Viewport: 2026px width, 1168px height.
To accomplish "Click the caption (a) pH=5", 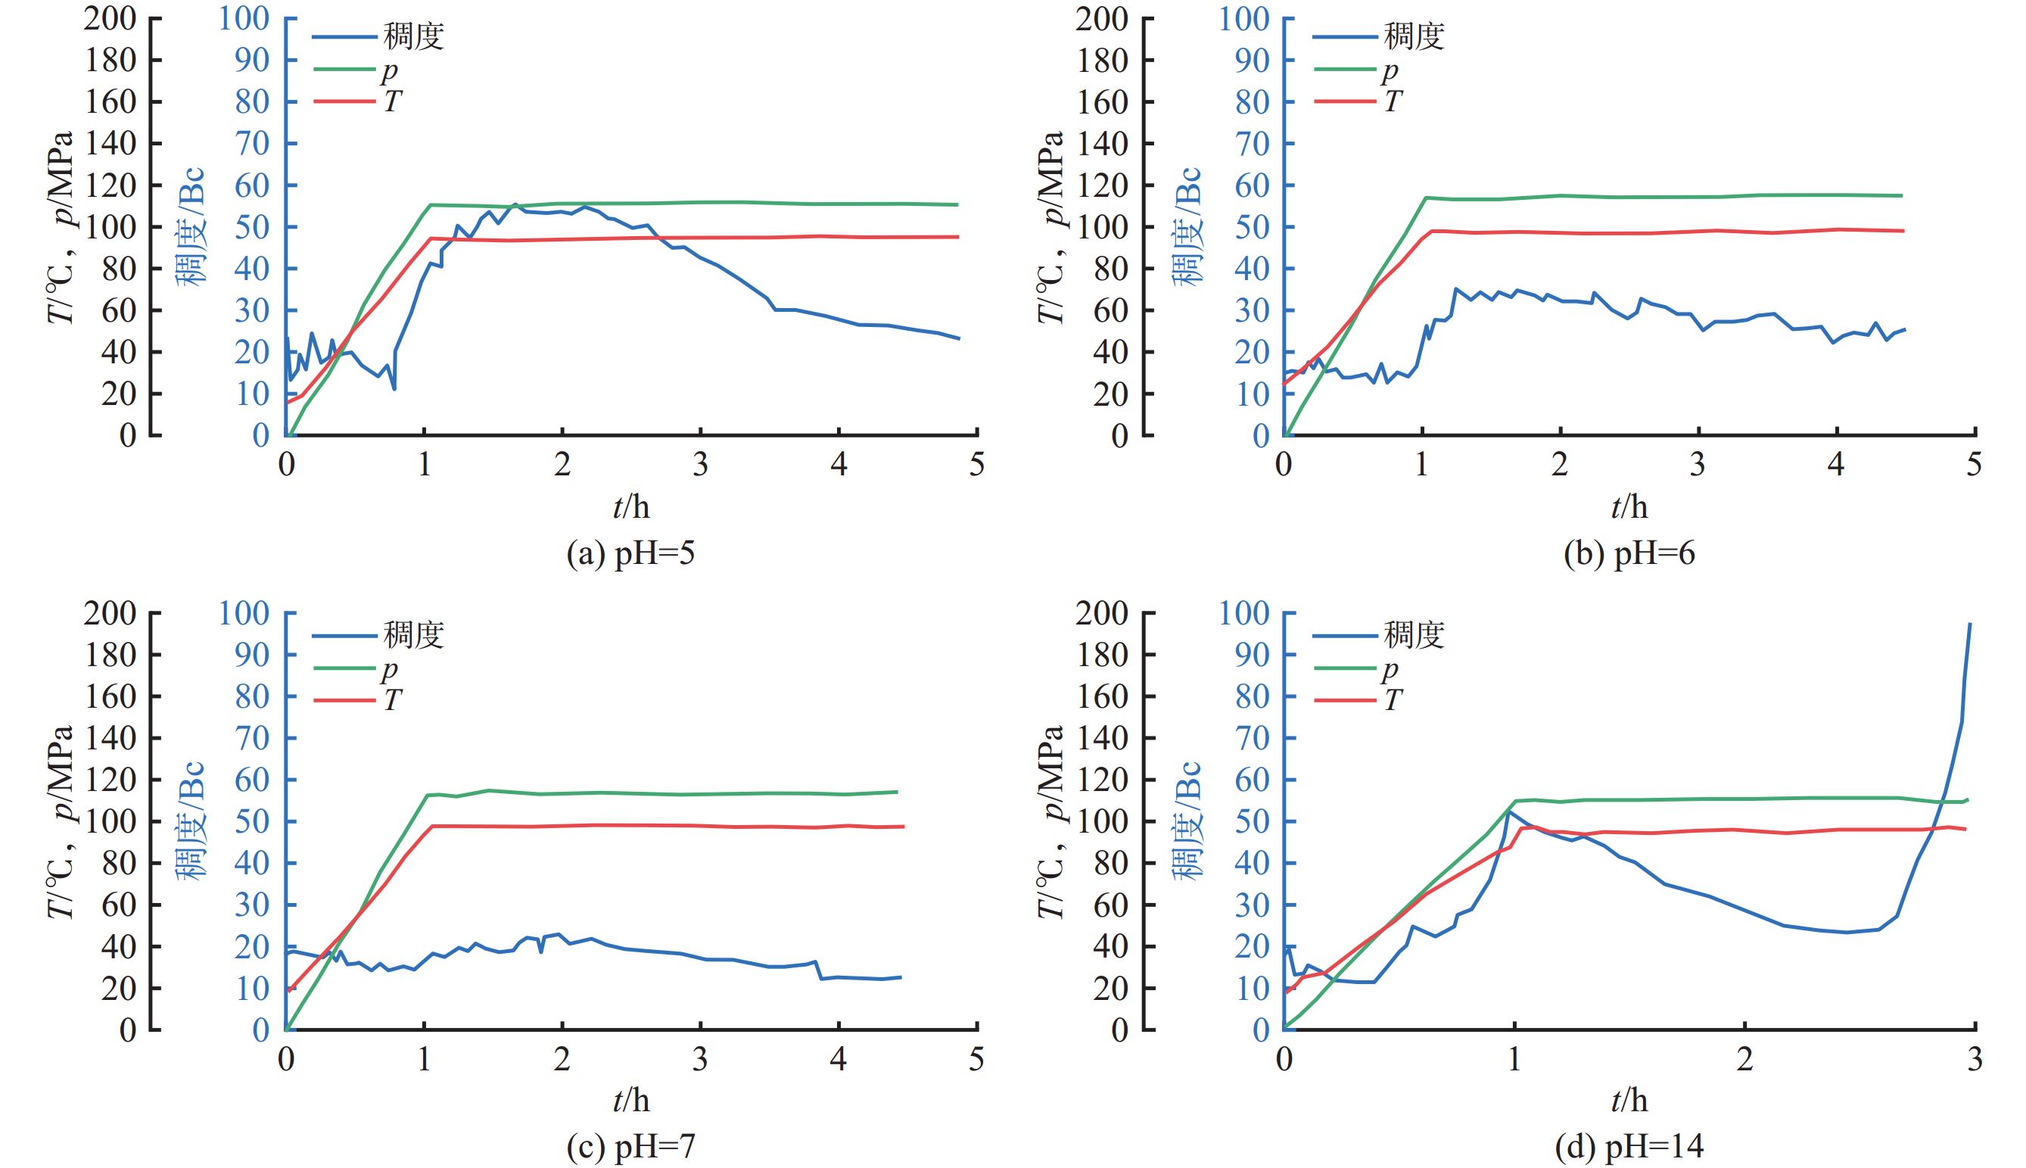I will [630, 554].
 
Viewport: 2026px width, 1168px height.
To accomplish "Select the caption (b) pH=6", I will [1629, 554].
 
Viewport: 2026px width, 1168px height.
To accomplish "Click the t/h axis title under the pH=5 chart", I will [631, 507].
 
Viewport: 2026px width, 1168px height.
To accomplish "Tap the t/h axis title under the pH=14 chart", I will [1629, 1101].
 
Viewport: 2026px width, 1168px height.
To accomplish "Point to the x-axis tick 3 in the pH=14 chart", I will [1975, 1060].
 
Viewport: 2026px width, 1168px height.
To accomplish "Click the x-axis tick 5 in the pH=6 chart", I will [1975, 466].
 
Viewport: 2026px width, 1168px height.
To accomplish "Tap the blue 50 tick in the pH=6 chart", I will [1252, 227].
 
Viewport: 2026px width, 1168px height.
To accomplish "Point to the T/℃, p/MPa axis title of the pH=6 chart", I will [1050, 226].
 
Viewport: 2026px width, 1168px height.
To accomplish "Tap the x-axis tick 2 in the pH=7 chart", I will [562, 1060].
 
